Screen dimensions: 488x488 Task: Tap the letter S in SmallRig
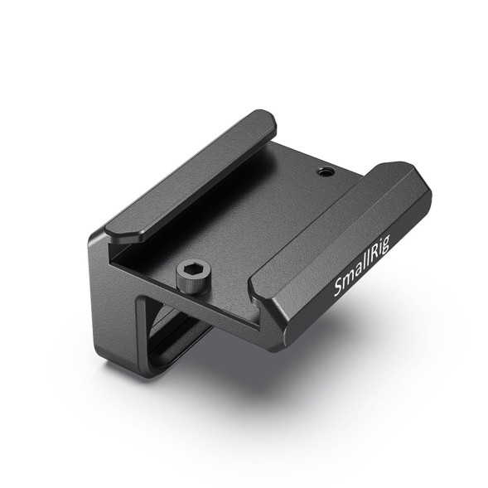point(338,290)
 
